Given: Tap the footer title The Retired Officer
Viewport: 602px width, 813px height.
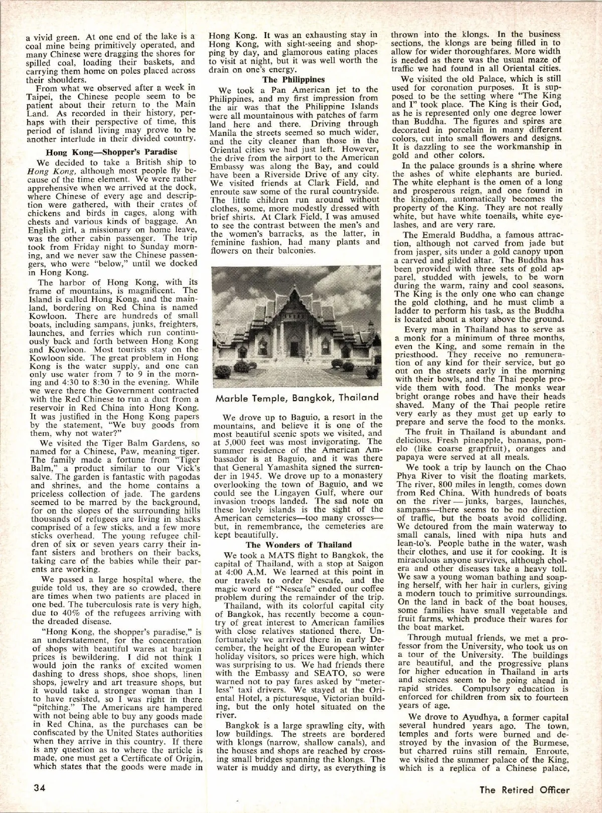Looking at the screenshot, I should pyautogui.click(x=524, y=789).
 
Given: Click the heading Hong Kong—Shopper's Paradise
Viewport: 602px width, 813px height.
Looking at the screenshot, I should pyautogui.click(x=111, y=152).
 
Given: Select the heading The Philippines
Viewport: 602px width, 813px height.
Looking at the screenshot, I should pyautogui.click(x=293, y=79).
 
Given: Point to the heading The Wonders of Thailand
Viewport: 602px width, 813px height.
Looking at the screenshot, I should pyautogui.click(x=298, y=545).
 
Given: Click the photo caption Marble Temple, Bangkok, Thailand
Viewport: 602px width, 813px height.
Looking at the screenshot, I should pyautogui.click(x=296, y=398).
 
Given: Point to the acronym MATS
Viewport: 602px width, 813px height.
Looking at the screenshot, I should pyautogui.click(x=264, y=555).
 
